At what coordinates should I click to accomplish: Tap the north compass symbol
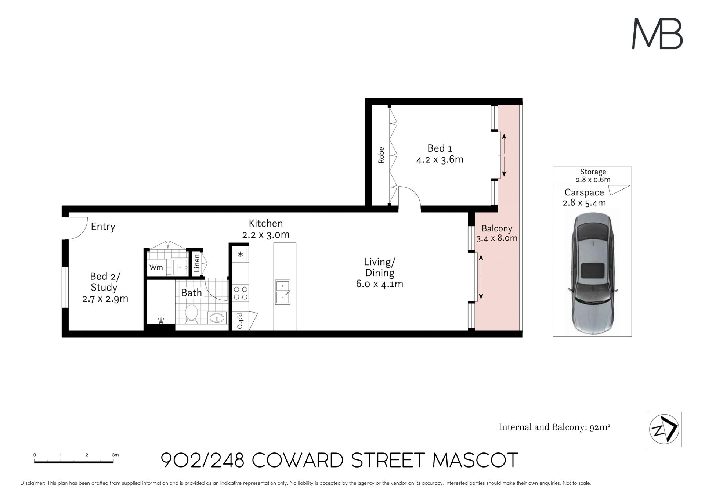pos(664,429)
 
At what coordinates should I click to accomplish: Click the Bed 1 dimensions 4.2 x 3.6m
pos(440,160)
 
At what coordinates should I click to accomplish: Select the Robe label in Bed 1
pos(381,155)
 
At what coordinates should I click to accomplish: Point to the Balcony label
pos(497,228)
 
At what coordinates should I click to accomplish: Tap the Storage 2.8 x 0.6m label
pos(593,176)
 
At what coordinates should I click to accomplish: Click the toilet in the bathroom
pos(191,314)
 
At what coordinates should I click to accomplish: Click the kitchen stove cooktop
pos(241,293)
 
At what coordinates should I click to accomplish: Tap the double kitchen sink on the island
pos(283,292)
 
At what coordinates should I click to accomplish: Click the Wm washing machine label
pos(156,267)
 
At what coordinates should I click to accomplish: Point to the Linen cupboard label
pos(197,263)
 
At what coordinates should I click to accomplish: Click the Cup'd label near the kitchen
pos(240,321)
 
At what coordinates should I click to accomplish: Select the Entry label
pos(103,227)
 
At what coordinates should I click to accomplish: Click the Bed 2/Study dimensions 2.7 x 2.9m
pos(105,299)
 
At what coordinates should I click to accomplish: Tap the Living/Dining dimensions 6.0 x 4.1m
pos(380,284)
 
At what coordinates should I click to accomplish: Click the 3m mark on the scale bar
pos(115,455)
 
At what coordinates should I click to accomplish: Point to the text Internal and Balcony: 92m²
pos(554,427)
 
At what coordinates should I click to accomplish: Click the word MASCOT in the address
pos(476,460)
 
